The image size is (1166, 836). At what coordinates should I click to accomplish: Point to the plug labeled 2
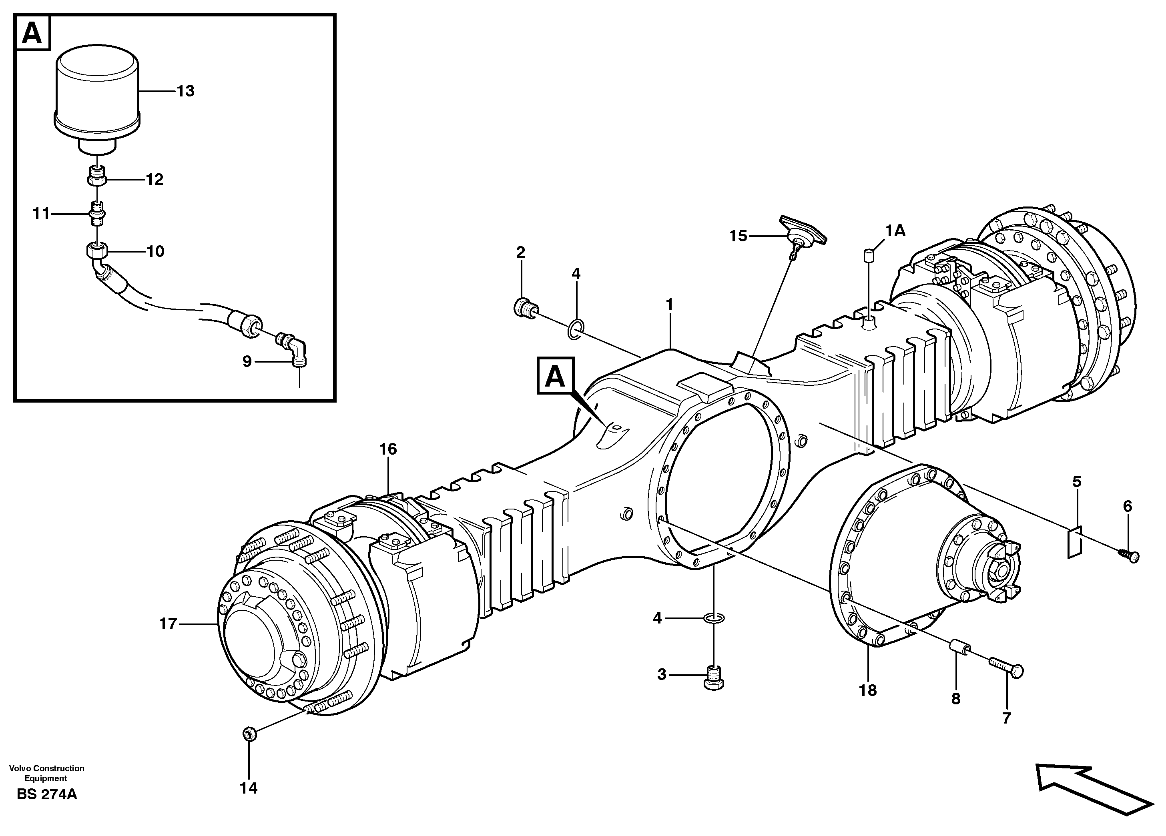(x=524, y=308)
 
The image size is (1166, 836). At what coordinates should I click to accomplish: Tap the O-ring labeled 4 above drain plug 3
(x=714, y=617)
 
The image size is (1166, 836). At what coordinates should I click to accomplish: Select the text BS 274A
(x=47, y=794)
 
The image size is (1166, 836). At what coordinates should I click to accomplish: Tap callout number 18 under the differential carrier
(x=868, y=690)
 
